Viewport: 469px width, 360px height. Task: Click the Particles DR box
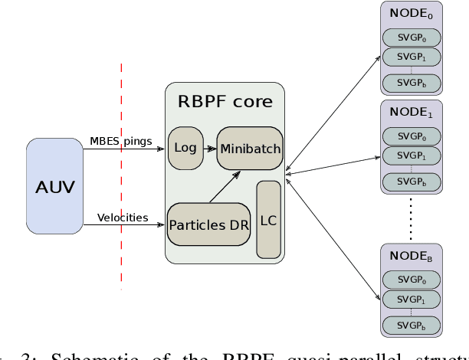pos(208,224)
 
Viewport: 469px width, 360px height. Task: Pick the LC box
pos(268,219)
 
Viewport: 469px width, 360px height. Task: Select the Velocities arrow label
pos(122,218)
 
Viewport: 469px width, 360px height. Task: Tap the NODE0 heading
pos(412,13)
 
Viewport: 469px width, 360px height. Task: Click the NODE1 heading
pos(412,113)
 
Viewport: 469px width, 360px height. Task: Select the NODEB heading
pos(412,257)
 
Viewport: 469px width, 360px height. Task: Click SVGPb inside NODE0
pos(412,81)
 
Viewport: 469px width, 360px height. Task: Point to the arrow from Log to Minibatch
pos(210,147)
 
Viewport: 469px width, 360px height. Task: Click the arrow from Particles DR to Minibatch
pos(225,188)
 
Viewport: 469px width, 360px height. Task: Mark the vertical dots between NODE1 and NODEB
pos(412,218)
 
